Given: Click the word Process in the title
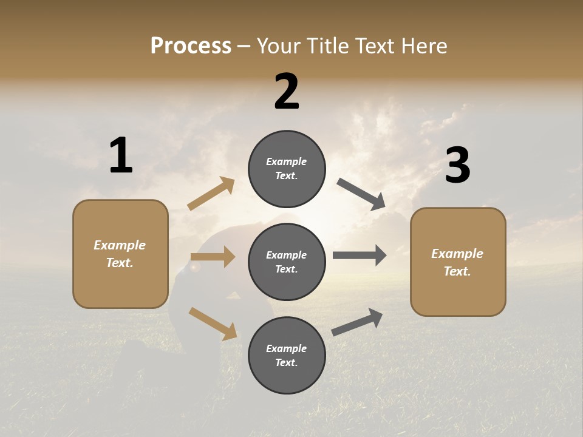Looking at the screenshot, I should click(191, 46).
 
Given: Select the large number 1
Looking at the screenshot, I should click(121, 156).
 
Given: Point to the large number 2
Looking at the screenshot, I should click(287, 92).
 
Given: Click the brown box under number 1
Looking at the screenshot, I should click(120, 254).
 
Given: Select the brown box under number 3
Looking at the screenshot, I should click(458, 262).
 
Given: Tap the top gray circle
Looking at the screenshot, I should click(287, 168).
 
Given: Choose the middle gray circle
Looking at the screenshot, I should click(287, 262).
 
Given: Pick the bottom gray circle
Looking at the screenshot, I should click(287, 355).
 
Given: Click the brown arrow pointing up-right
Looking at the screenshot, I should click(211, 194).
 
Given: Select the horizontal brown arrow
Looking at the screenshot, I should click(213, 257).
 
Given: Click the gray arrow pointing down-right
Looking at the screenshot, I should click(361, 194).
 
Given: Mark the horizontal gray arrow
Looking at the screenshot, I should click(360, 256).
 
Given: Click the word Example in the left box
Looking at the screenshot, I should click(120, 245).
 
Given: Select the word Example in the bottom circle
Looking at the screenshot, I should click(287, 348).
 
